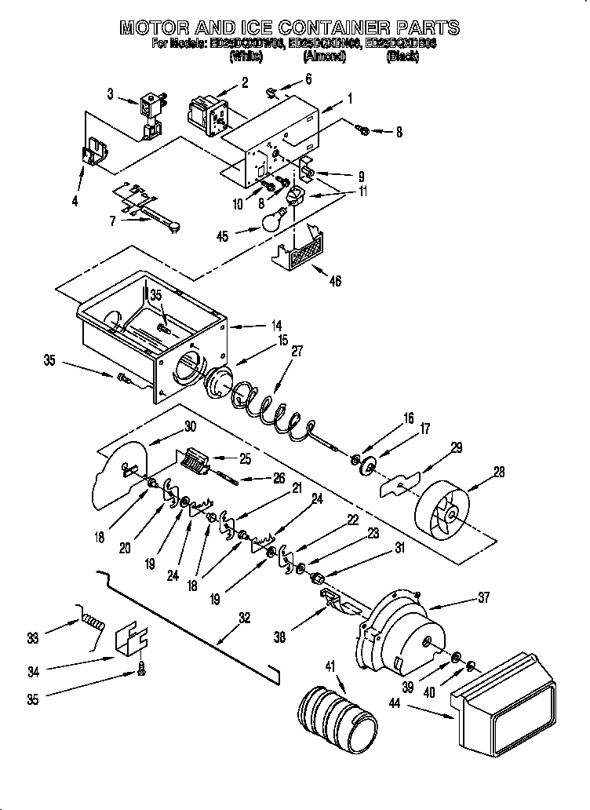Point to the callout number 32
click(x=244, y=618)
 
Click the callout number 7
click(x=113, y=221)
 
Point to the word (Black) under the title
click(x=402, y=57)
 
